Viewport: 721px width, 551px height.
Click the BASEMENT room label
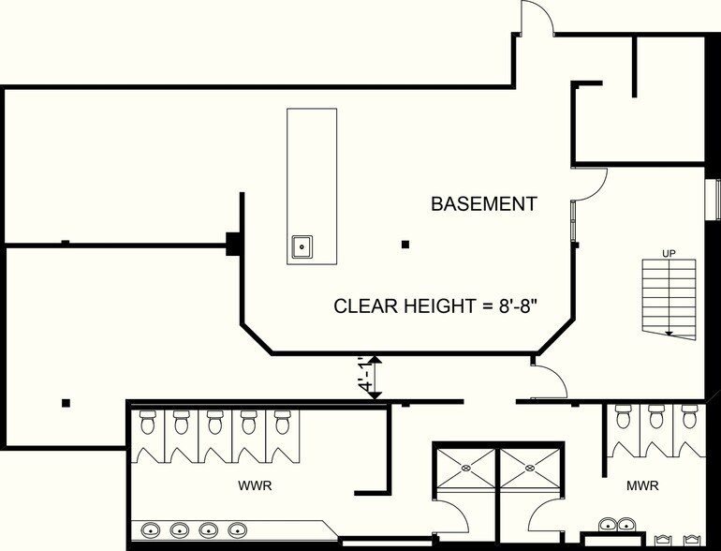click(484, 204)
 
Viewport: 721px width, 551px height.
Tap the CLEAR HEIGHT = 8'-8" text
click(436, 306)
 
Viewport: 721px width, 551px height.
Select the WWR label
click(255, 485)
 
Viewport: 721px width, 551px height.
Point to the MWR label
click(642, 485)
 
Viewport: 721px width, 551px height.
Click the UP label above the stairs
click(669, 254)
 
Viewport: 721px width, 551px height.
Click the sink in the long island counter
click(302, 246)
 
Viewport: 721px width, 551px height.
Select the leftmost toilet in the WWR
click(148, 422)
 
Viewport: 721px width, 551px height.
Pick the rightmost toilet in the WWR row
click(283, 422)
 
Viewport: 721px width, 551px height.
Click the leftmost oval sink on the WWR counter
click(150, 529)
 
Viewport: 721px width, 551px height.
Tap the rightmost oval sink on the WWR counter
click(238, 529)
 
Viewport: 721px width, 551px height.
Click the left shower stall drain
click(465, 469)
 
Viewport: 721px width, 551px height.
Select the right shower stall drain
click(530, 469)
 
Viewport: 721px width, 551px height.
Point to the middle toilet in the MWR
click(656, 416)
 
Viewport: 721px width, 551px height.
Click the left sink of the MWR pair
click(608, 524)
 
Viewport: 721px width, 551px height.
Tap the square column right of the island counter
click(405, 245)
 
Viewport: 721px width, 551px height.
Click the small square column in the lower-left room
click(66, 403)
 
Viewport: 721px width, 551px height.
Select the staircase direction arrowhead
click(669, 334)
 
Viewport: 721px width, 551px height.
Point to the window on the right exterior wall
click(714, 199)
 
